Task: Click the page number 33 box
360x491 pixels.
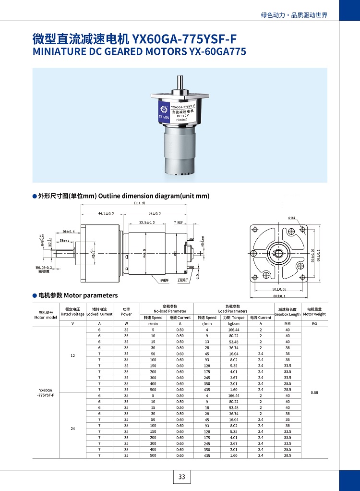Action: pyautogui.click(x=181, y=477)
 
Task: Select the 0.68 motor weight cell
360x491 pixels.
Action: pyautogui.click(x=314, y=393)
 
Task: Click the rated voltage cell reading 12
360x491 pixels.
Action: pyautogui.click(x=72, y=356)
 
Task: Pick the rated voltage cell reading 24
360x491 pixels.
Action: pyautogui.click(x=72, y=428)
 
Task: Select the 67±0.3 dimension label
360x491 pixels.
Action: pyautogui.click(x=155, y=213)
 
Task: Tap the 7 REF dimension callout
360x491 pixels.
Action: pyautogui.click(x=178, y=222)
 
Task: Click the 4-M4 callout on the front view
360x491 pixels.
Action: pyautogui.click(x=292, y=218)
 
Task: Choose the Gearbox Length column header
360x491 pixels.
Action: pyautogui.click(x=288, y=312)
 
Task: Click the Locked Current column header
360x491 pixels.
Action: pyautogui.click(x=99, y=312)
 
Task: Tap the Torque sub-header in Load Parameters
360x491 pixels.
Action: pyautogui.click(x=234, y=318)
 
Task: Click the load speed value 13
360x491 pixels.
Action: pyautogui.click(x=207, y=342)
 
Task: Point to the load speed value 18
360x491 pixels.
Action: pyautogui.click(x=207, y=407)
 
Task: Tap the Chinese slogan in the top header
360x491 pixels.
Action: pyautogui.click(x=294, y=15)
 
